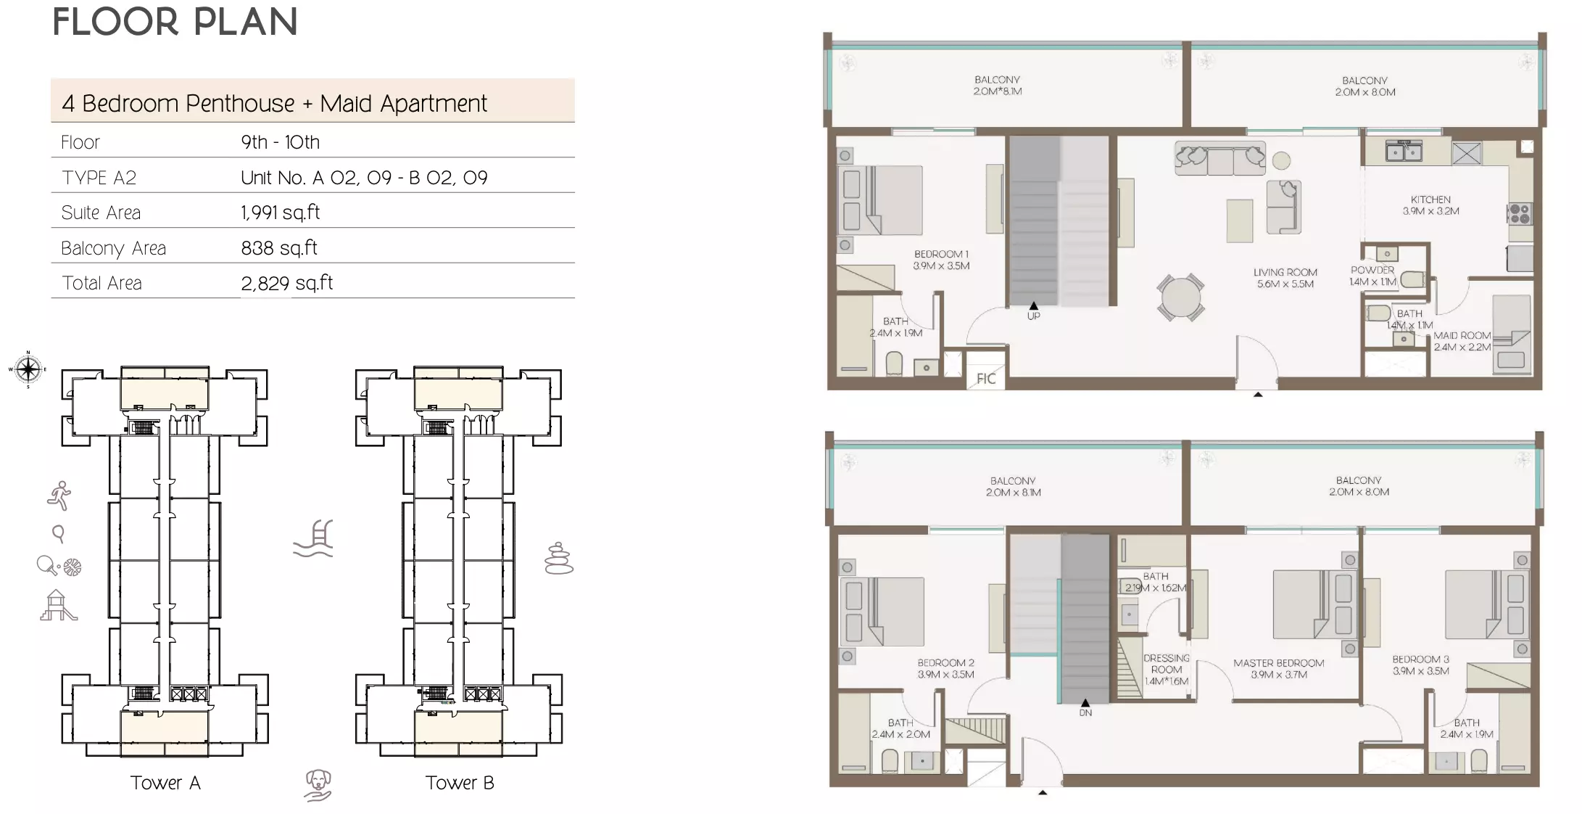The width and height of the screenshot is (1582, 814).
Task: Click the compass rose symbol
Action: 28,369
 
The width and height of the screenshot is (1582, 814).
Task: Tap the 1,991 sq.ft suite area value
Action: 280,213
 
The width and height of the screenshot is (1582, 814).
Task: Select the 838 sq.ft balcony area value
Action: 279,248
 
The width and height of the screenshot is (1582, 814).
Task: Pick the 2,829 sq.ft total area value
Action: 286,283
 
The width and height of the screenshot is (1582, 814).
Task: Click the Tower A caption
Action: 165,783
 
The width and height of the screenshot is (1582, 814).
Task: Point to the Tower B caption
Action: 460,783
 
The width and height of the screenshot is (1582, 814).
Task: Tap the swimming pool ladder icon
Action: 314,538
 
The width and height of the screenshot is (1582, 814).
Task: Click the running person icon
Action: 59,496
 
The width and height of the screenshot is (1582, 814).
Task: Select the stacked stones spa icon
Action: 559,559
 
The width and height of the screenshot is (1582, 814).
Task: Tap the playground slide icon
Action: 57,606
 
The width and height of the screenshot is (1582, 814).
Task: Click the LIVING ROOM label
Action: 1285,273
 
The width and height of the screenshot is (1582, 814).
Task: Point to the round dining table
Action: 1180,297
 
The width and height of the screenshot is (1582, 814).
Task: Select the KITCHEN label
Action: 1430,200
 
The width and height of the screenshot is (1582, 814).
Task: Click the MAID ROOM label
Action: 1462,336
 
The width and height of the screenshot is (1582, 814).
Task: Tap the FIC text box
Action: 985,378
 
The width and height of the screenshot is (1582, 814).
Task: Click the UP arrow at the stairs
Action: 1033,306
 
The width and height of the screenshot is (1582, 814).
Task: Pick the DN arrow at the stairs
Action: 1085,703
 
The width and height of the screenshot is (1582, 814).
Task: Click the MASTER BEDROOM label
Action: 1278,663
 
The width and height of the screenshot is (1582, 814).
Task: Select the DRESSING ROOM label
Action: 1166,664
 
